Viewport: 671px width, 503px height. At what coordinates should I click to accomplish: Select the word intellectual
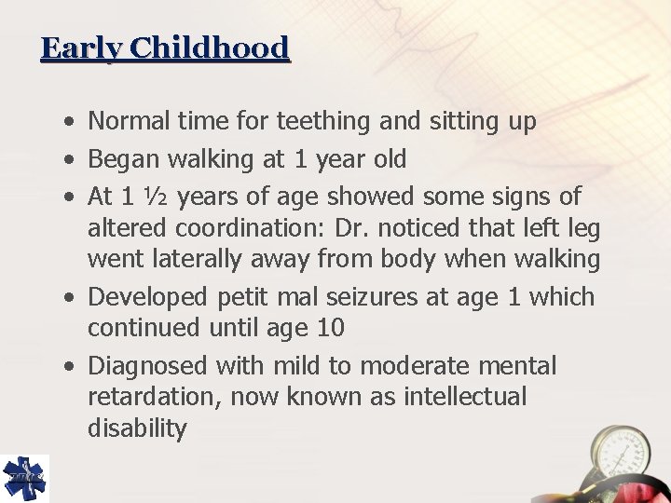[465, 398]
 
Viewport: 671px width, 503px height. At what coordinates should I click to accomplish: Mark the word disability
[137, 428]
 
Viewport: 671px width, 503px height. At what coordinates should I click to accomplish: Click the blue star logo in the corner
[24, 477]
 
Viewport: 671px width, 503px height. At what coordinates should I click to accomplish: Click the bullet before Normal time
[72, 122]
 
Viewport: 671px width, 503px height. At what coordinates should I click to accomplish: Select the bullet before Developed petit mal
[72, 298]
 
